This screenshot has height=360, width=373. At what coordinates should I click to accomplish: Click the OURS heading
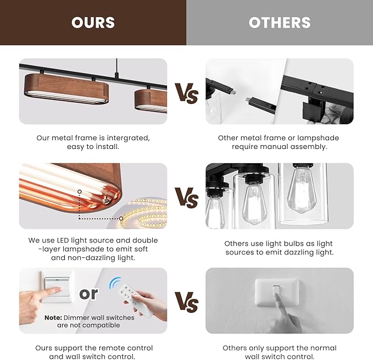[93, 23]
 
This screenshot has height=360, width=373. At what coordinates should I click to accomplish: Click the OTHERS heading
[280, 23]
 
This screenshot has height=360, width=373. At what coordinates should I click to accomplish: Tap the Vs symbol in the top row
[187, 93]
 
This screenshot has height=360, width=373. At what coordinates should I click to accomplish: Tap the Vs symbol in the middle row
[187, 198]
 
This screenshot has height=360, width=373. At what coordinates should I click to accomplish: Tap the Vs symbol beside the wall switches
[187, 302]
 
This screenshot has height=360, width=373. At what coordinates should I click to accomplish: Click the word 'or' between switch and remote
[88, 293]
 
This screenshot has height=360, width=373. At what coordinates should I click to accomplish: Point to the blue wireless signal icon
[115, 283]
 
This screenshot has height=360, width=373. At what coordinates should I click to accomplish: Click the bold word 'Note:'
[53, 318]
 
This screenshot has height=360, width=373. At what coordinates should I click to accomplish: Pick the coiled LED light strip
[144, 213]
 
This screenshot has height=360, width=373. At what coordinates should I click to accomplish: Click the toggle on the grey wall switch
[276, 291]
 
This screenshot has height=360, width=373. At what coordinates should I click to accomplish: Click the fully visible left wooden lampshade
[66, 88]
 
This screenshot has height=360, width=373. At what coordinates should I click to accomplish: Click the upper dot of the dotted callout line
[80, 191]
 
